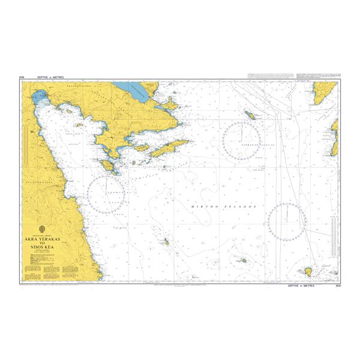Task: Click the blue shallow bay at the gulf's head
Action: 39,97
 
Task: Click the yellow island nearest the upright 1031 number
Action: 308,273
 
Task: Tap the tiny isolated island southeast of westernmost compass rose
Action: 166,242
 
